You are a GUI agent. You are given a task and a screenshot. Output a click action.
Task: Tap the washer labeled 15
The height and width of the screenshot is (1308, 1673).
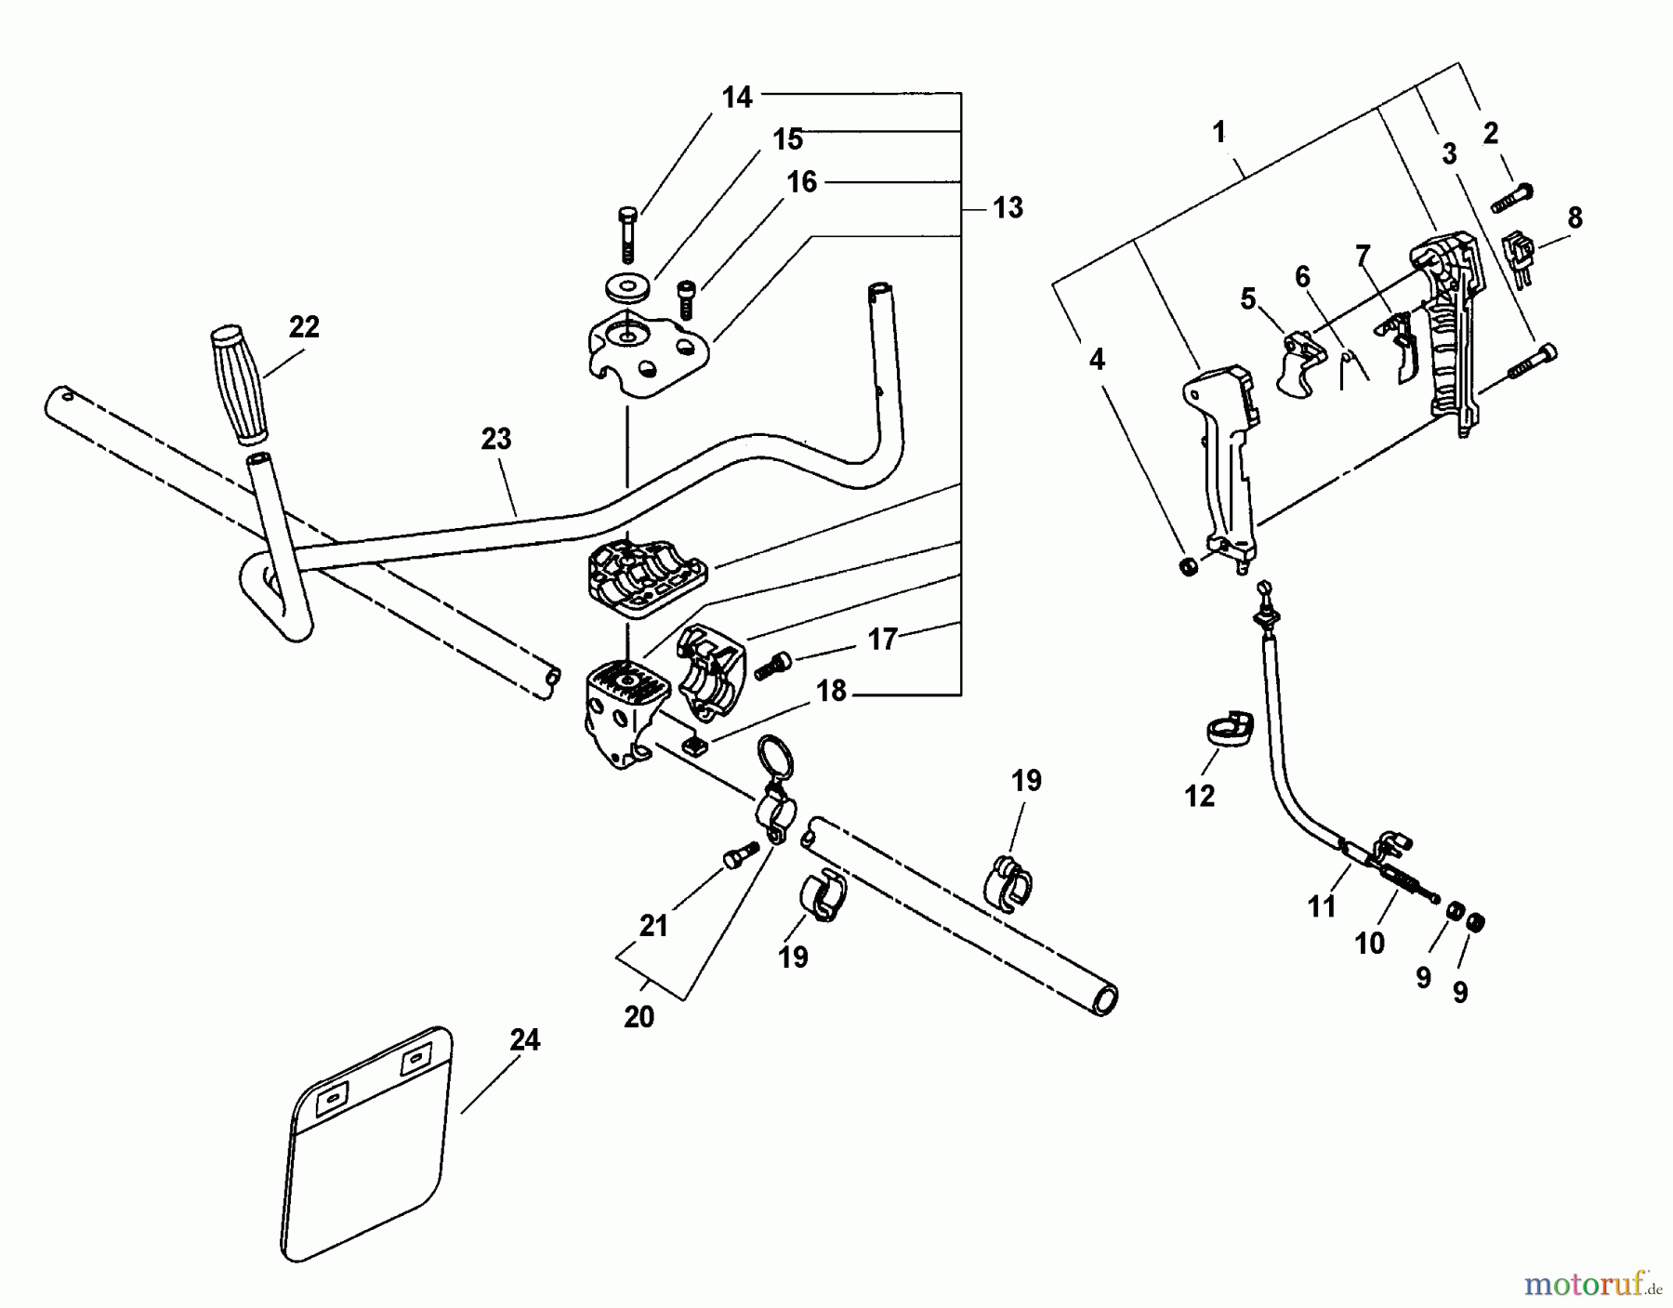(x=626, y=287)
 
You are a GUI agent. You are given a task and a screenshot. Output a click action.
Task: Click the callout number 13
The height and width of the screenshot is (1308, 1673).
(x=1008, y=207)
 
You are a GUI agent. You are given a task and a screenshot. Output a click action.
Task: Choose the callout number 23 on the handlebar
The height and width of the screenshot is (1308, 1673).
(x=496, y=439)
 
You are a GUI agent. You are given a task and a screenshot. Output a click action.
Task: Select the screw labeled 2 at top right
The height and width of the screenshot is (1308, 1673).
(x=1512, y=198)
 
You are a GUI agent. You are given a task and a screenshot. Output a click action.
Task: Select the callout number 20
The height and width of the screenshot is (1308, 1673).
(x=639, y=1017)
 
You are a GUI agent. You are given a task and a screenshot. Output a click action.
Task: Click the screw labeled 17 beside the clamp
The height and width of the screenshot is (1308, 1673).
(x=773, y=665)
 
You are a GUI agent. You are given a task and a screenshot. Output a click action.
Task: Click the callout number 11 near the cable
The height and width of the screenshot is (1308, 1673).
(x=1322, y=906)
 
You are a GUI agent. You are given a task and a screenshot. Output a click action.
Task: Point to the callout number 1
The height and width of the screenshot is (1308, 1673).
(x=1219, y=133)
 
